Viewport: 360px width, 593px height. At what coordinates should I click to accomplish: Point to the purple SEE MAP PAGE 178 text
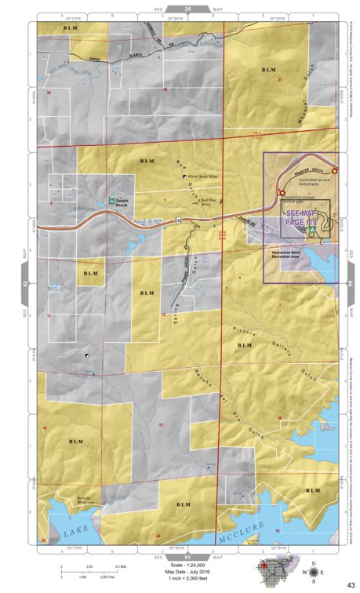click(x=303, y=218)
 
